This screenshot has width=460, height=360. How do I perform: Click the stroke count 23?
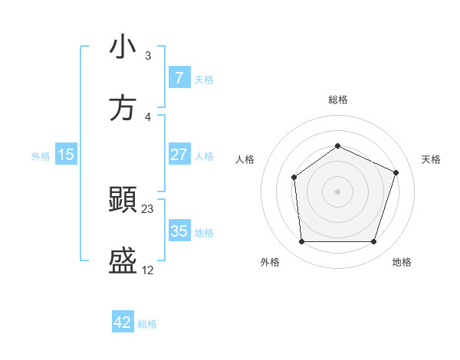tap(148, 208)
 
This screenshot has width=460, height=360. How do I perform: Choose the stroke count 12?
tap(148, 270)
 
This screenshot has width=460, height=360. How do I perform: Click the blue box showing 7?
tap(179, 77)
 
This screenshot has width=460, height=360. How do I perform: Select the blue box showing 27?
tap(179, 155)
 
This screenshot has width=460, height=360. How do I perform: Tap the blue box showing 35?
tap(179, 231)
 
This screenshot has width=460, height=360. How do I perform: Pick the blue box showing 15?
tap(66, 155)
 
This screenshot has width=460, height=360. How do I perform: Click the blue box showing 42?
tap(123, 322)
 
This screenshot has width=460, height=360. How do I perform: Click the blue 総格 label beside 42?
tap(148, 324)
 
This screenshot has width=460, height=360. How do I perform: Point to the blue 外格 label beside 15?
tap(41, 155)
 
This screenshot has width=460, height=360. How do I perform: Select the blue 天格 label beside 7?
tap(204, 79)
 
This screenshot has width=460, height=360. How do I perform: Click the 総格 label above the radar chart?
tap(337, 100)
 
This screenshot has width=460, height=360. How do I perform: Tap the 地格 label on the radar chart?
tap(402, 263)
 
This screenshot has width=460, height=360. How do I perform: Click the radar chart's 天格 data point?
tap(396, 172)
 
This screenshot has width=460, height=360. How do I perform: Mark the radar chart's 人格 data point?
tap(294, 178)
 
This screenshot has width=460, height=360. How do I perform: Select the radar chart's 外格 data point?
tap(301, 242)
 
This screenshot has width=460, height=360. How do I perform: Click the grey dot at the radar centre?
tap(337, 191)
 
